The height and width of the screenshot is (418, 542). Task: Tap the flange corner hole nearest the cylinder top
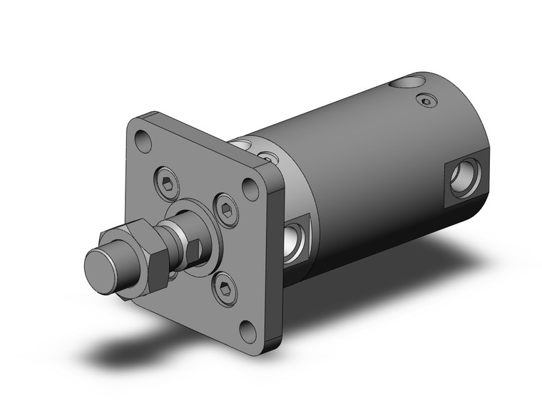click(x=250, y=189)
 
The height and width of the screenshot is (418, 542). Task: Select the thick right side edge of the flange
click(x=277, y=249)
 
